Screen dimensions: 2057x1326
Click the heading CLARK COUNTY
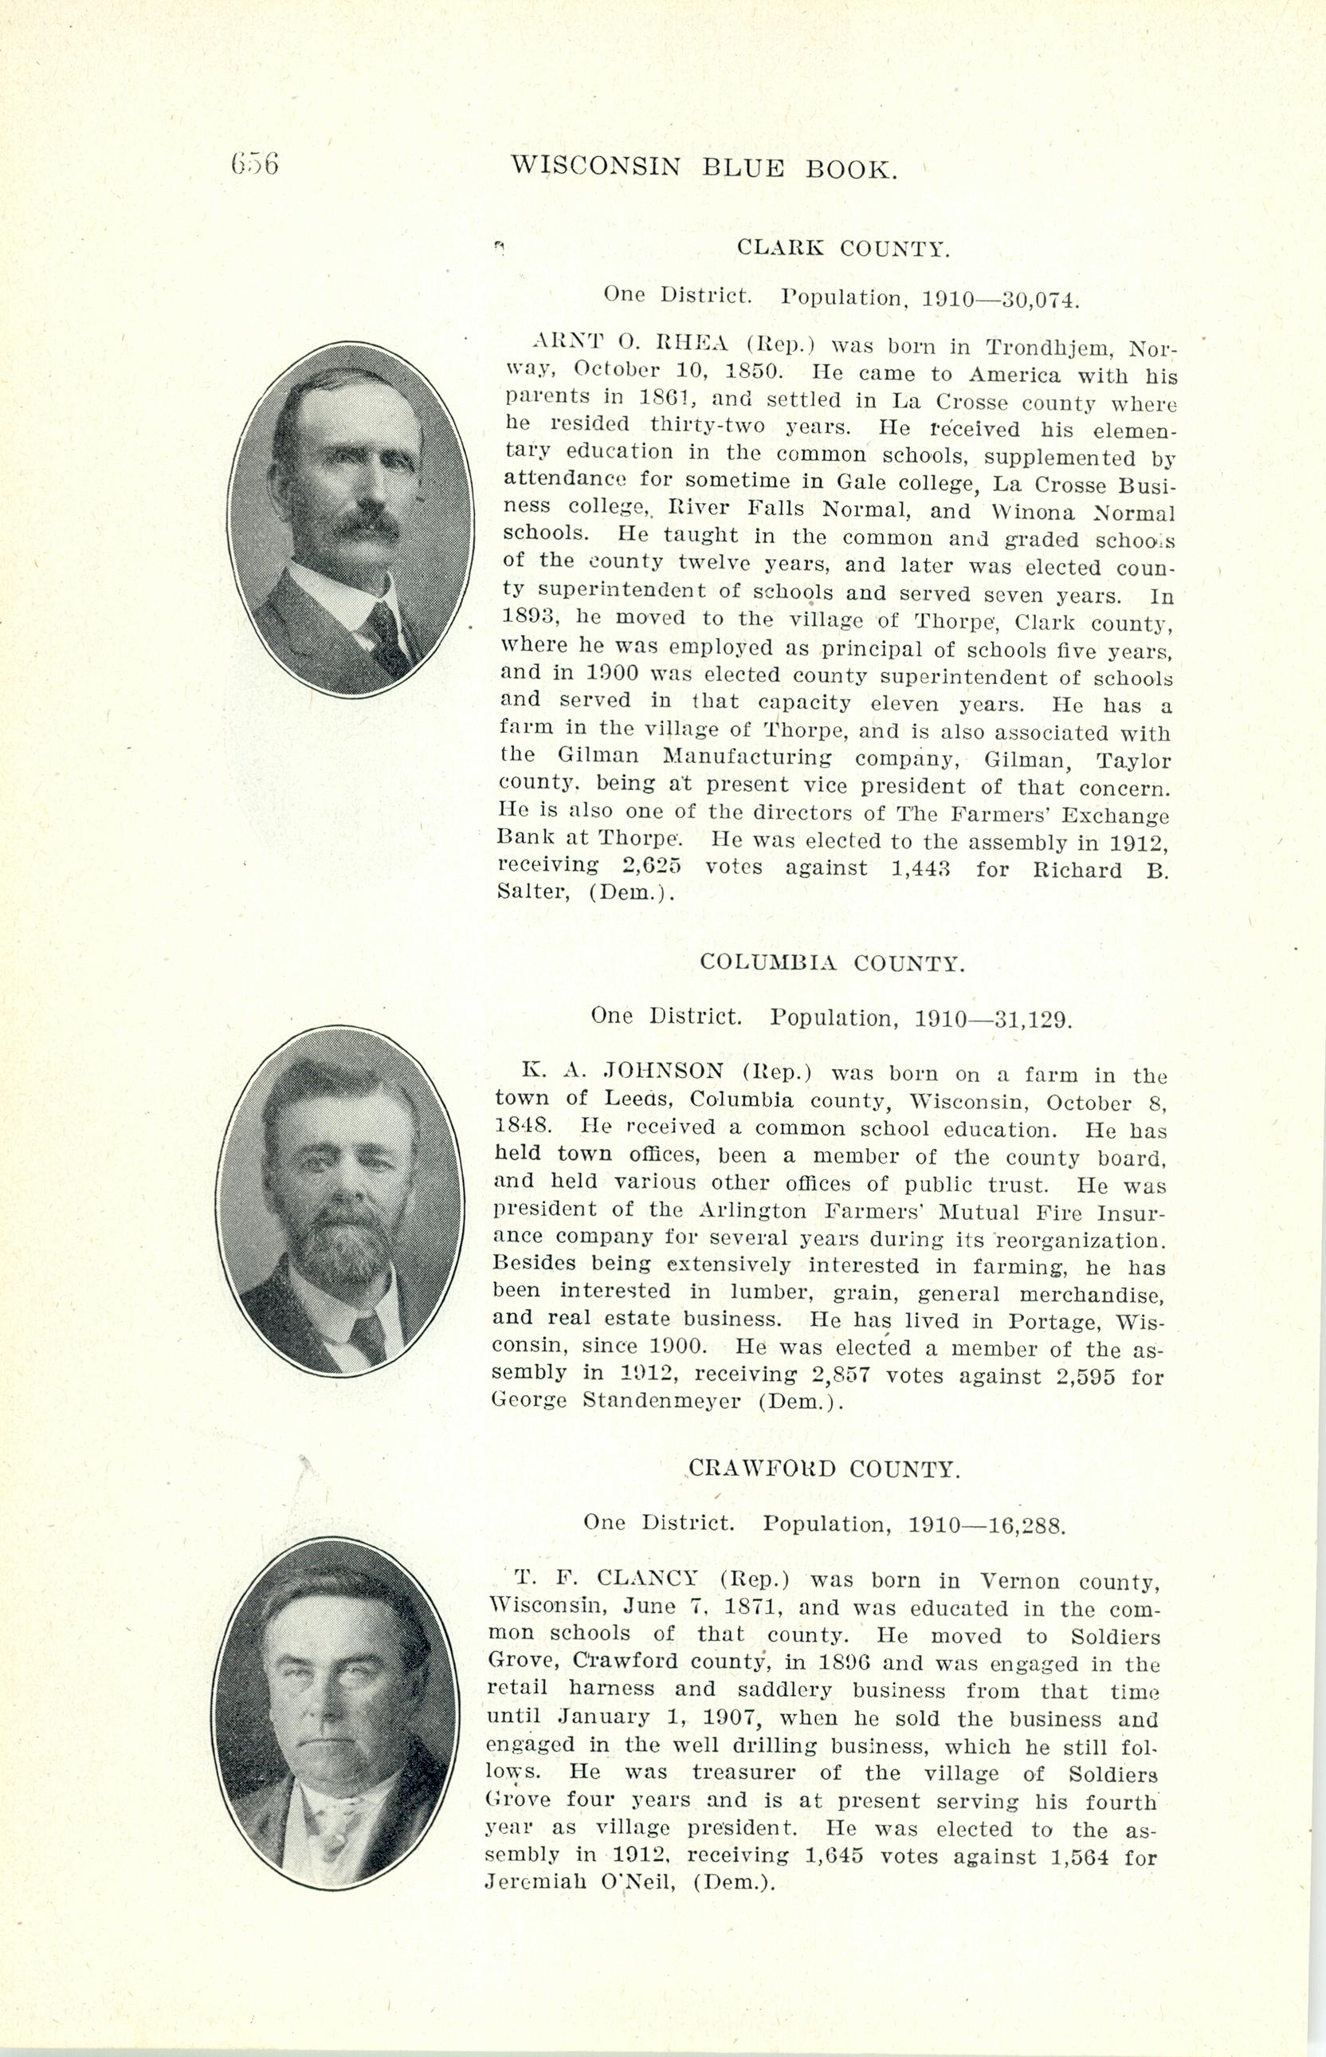coord(843,250)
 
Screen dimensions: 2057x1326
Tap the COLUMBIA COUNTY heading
coord(832,963)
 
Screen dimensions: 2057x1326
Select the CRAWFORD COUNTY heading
coord(824,1469)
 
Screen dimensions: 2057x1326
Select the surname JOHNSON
coord(663,1072)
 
